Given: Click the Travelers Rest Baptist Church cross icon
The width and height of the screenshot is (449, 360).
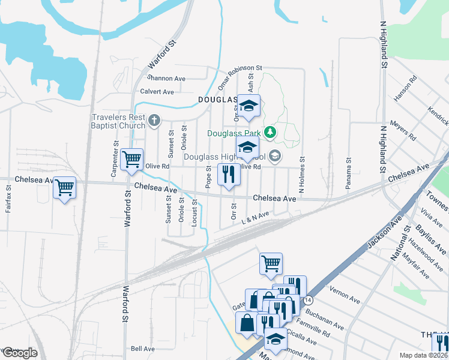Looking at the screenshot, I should click(154, 121).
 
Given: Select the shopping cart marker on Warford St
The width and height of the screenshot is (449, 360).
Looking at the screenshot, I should click(131, 160).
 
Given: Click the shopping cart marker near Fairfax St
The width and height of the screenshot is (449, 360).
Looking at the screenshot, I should click(64, 188).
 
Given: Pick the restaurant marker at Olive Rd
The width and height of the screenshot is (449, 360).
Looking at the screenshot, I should click(229, 175).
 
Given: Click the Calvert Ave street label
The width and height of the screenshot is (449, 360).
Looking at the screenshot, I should click(157, 92).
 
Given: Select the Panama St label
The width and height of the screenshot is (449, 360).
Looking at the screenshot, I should click(348, 174).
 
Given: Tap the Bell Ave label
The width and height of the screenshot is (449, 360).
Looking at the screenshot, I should click(143, 348).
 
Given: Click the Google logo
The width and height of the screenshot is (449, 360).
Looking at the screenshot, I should click(20, 353).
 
